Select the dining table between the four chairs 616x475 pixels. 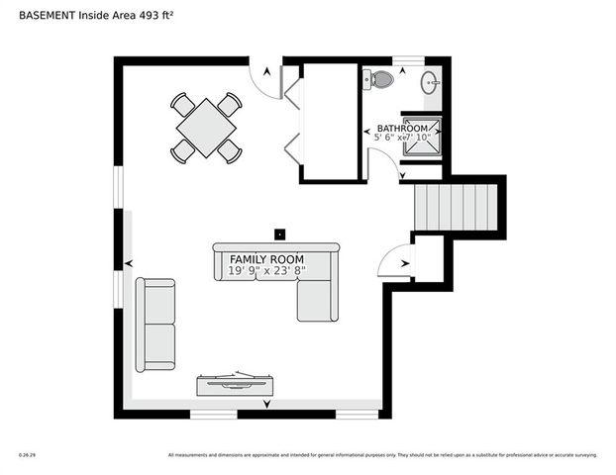pyautogui.click(x=206, y=127)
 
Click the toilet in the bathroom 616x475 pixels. pyautogui.click(x=380, y=79)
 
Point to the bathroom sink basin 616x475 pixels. pyautogui.click(x=431, y=82)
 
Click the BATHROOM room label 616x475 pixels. pyautogui.click(x=402, y=129)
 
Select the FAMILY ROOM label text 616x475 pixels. pyautogui.click(x=259, y=257)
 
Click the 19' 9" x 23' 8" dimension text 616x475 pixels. pyautogui.click(x=259, y=270)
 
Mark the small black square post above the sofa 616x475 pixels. pyautogui.click(x=280, y=235)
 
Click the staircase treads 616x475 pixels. pyautogui.click(x=456, y=207)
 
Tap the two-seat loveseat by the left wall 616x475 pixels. pyautogui.click(x=155, y=325)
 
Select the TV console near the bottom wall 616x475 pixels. pyautogui.click(x=237, y=383)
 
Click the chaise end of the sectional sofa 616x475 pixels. pyautogui.click(x=318, y=299)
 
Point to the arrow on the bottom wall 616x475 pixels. pyautogui.click(x=265, y=404)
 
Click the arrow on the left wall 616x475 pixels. pyautogui.click(x=128, y=263)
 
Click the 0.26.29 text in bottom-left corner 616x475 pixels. pyautogui.click(x=27, y=455)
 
